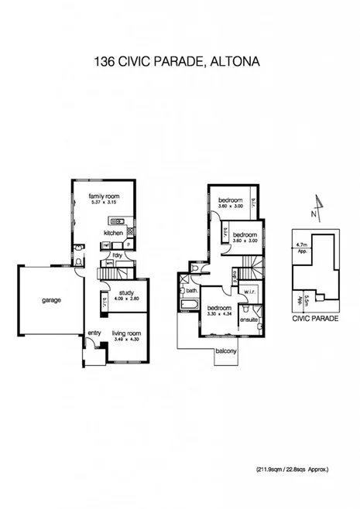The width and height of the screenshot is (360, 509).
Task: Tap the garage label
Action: (x=52, y=299)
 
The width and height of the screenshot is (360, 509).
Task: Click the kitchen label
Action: (x=115, y=232)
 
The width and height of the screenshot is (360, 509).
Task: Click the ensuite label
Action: (x=249, y=319)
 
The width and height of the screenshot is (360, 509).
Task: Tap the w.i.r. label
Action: (x=249, y=292)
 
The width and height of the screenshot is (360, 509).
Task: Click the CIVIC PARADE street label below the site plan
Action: (x=315, y=317)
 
